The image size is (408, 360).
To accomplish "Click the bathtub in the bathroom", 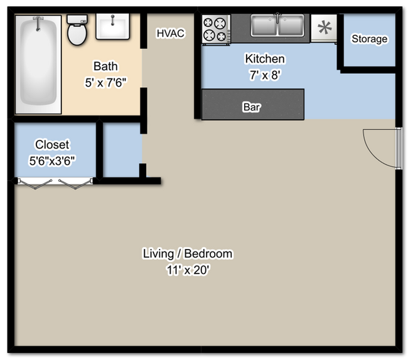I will coord(38,63).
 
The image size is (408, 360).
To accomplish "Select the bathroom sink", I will coord(113,27).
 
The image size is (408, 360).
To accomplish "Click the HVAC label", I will coord(171,33).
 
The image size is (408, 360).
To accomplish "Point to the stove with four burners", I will coord(215,29).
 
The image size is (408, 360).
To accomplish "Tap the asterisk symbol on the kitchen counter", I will coord(325,28).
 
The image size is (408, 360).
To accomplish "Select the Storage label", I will coord(369,39).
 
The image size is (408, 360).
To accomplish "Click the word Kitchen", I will coord(265,59).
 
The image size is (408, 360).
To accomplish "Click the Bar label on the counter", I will coord(251,107).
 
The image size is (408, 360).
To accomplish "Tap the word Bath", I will coord(105,66).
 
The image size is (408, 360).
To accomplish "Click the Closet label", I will coord(52,145).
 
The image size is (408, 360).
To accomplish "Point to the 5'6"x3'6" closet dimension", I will coord(52,161).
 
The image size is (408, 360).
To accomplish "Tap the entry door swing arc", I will coord(378,148).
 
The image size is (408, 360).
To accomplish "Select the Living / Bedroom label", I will coord(188,254).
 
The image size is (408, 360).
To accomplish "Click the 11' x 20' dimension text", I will coord(188,270).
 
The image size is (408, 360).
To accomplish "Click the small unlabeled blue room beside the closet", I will coord(121,151).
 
